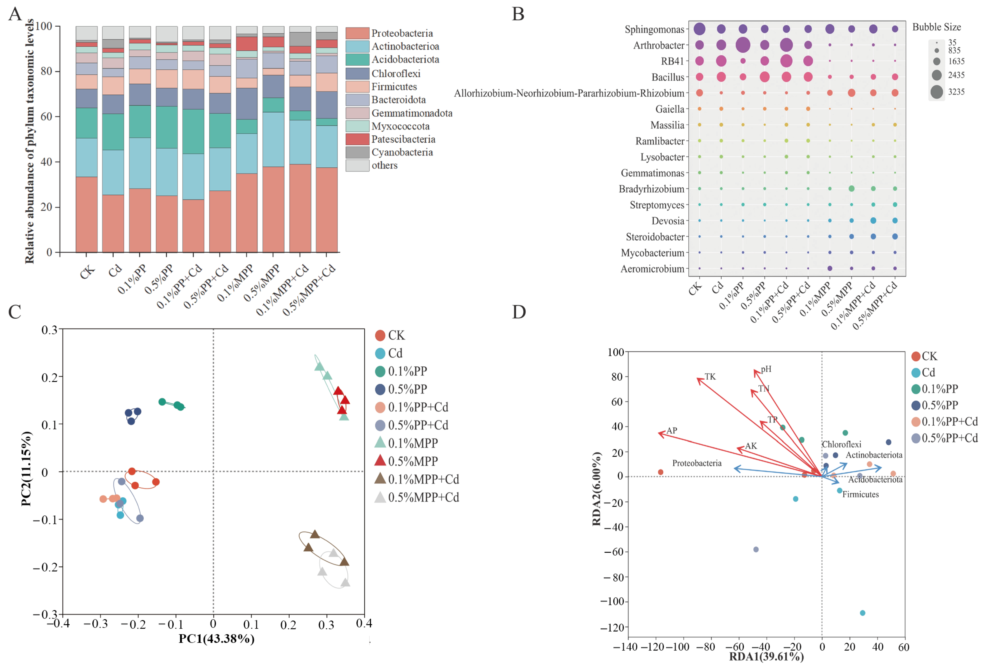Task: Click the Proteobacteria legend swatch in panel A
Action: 357,33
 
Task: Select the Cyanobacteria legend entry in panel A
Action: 402,152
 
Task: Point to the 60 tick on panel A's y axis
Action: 47,116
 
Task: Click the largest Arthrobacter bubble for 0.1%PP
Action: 743,45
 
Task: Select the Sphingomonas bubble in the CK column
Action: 699,29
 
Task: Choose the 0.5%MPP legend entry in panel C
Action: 412,461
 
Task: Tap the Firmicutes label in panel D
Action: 860,494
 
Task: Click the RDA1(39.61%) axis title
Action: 766,656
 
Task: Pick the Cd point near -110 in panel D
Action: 863,613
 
